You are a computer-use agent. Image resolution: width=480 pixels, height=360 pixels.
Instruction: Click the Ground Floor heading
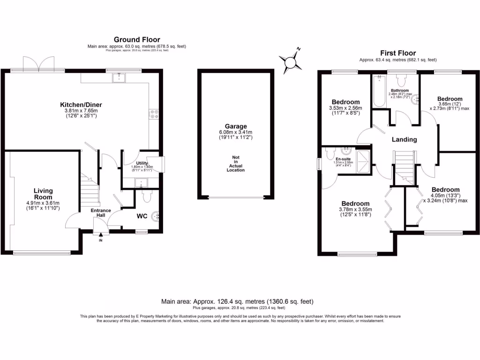(x=136, y=40)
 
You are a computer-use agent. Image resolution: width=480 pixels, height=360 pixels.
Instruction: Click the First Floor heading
(x=397, y=53)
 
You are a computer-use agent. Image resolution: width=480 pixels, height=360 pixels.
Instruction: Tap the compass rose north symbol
(x=291, y=61)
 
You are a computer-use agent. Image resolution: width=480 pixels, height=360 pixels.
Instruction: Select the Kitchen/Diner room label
(x=81, y=105)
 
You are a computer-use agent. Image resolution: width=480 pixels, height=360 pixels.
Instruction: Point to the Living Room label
(x=43, y=194)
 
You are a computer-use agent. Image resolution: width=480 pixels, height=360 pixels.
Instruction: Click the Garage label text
(x=235, y=126)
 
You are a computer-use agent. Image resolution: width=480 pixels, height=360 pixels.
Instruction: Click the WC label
(x=143, y=217)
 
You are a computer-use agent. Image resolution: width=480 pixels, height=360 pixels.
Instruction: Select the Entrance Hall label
(x=101, y=213)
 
